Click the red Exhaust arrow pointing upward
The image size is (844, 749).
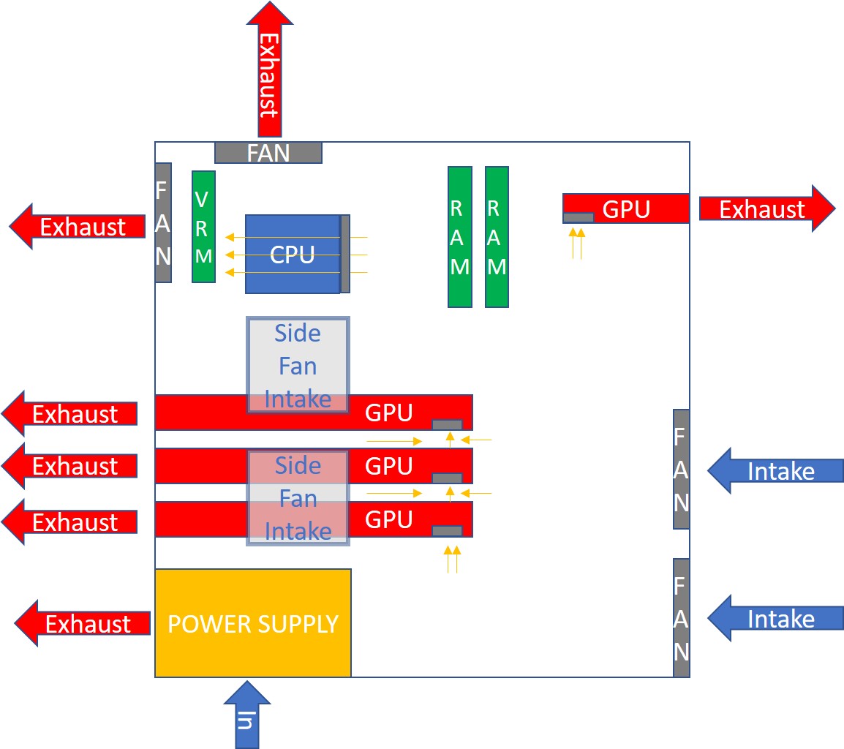click(x=268, y=69)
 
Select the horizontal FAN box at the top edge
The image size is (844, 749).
click(x=268, y=152)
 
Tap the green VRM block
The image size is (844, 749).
click(x=203, y=226)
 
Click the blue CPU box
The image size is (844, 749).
click(x=293, y=254)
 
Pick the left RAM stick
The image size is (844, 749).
click(x=459, y=236)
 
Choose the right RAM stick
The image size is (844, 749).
click(x=497, y=236)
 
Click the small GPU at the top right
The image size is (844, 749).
click(x=626, y=208)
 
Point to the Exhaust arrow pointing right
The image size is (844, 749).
click(x=765, y=208)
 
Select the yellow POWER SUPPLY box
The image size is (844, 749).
click(x=253, y=623)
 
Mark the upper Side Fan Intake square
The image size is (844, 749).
click(x=298, y=365)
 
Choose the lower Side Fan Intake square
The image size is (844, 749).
click(x=298, y=498)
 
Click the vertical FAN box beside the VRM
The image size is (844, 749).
click(x=162, y=222)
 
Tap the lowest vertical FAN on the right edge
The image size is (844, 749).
click(x=681, y=618)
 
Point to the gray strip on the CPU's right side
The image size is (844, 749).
click(x=345, y=254)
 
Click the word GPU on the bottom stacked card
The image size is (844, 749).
click(x=388, y=519)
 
